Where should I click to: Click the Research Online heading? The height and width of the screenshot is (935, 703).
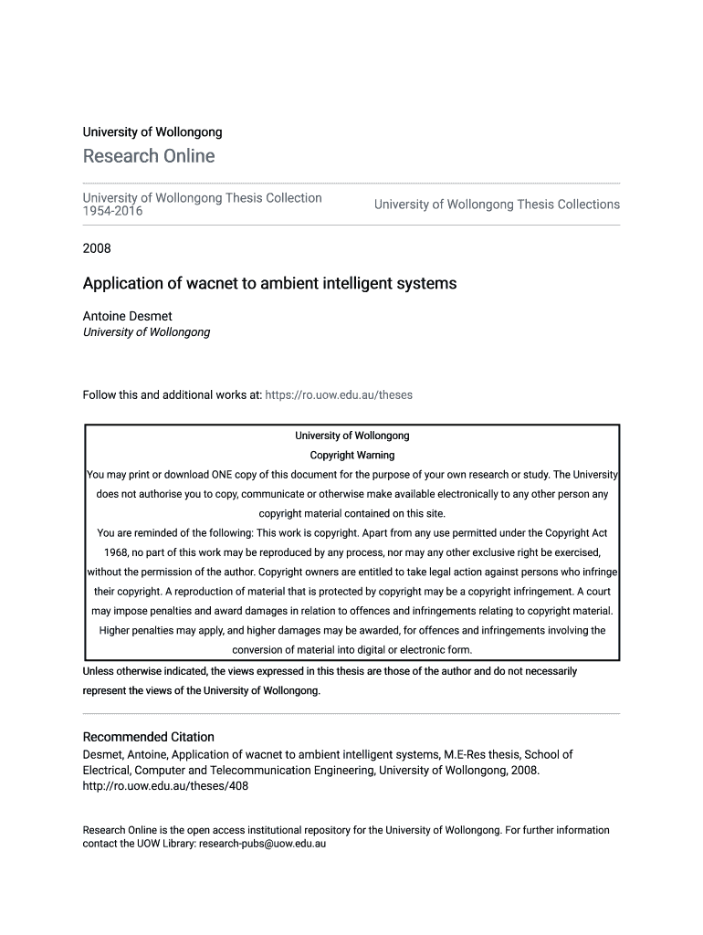click(149, 156)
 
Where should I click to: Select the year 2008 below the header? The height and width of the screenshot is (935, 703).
click(97, 247)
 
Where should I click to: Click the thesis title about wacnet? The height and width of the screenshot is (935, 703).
click(269, 283)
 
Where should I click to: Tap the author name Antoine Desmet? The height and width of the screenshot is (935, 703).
click(127, 316)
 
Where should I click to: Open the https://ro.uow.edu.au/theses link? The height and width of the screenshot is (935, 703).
click(338, 395)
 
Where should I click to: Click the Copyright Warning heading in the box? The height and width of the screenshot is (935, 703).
click(352, 455)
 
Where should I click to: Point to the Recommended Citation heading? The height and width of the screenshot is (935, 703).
click(149, 737)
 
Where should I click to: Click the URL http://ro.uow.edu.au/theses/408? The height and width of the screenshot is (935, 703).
click(165, 785)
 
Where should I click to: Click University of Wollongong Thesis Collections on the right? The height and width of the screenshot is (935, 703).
click(497, 205)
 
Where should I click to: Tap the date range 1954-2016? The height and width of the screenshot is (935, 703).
click(113, 211)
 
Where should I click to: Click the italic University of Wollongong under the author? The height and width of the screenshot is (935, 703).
click(146, 332)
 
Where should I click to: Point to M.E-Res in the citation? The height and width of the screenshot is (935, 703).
click(465, 755)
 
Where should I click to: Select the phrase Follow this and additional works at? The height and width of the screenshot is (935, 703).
click(172, 395)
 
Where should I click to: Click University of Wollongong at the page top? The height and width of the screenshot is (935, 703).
click(152, 132)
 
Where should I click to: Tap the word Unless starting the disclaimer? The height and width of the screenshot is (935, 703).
click(100, 671)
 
